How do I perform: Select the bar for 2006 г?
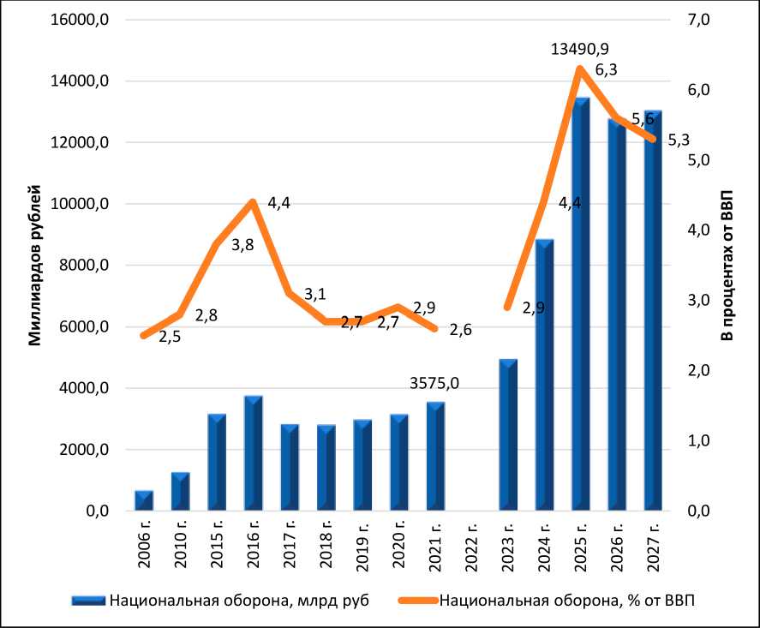(144, 501)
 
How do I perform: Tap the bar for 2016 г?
(252, 453)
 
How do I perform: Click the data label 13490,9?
(585, 51)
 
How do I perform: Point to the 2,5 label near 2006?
(170, 337)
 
